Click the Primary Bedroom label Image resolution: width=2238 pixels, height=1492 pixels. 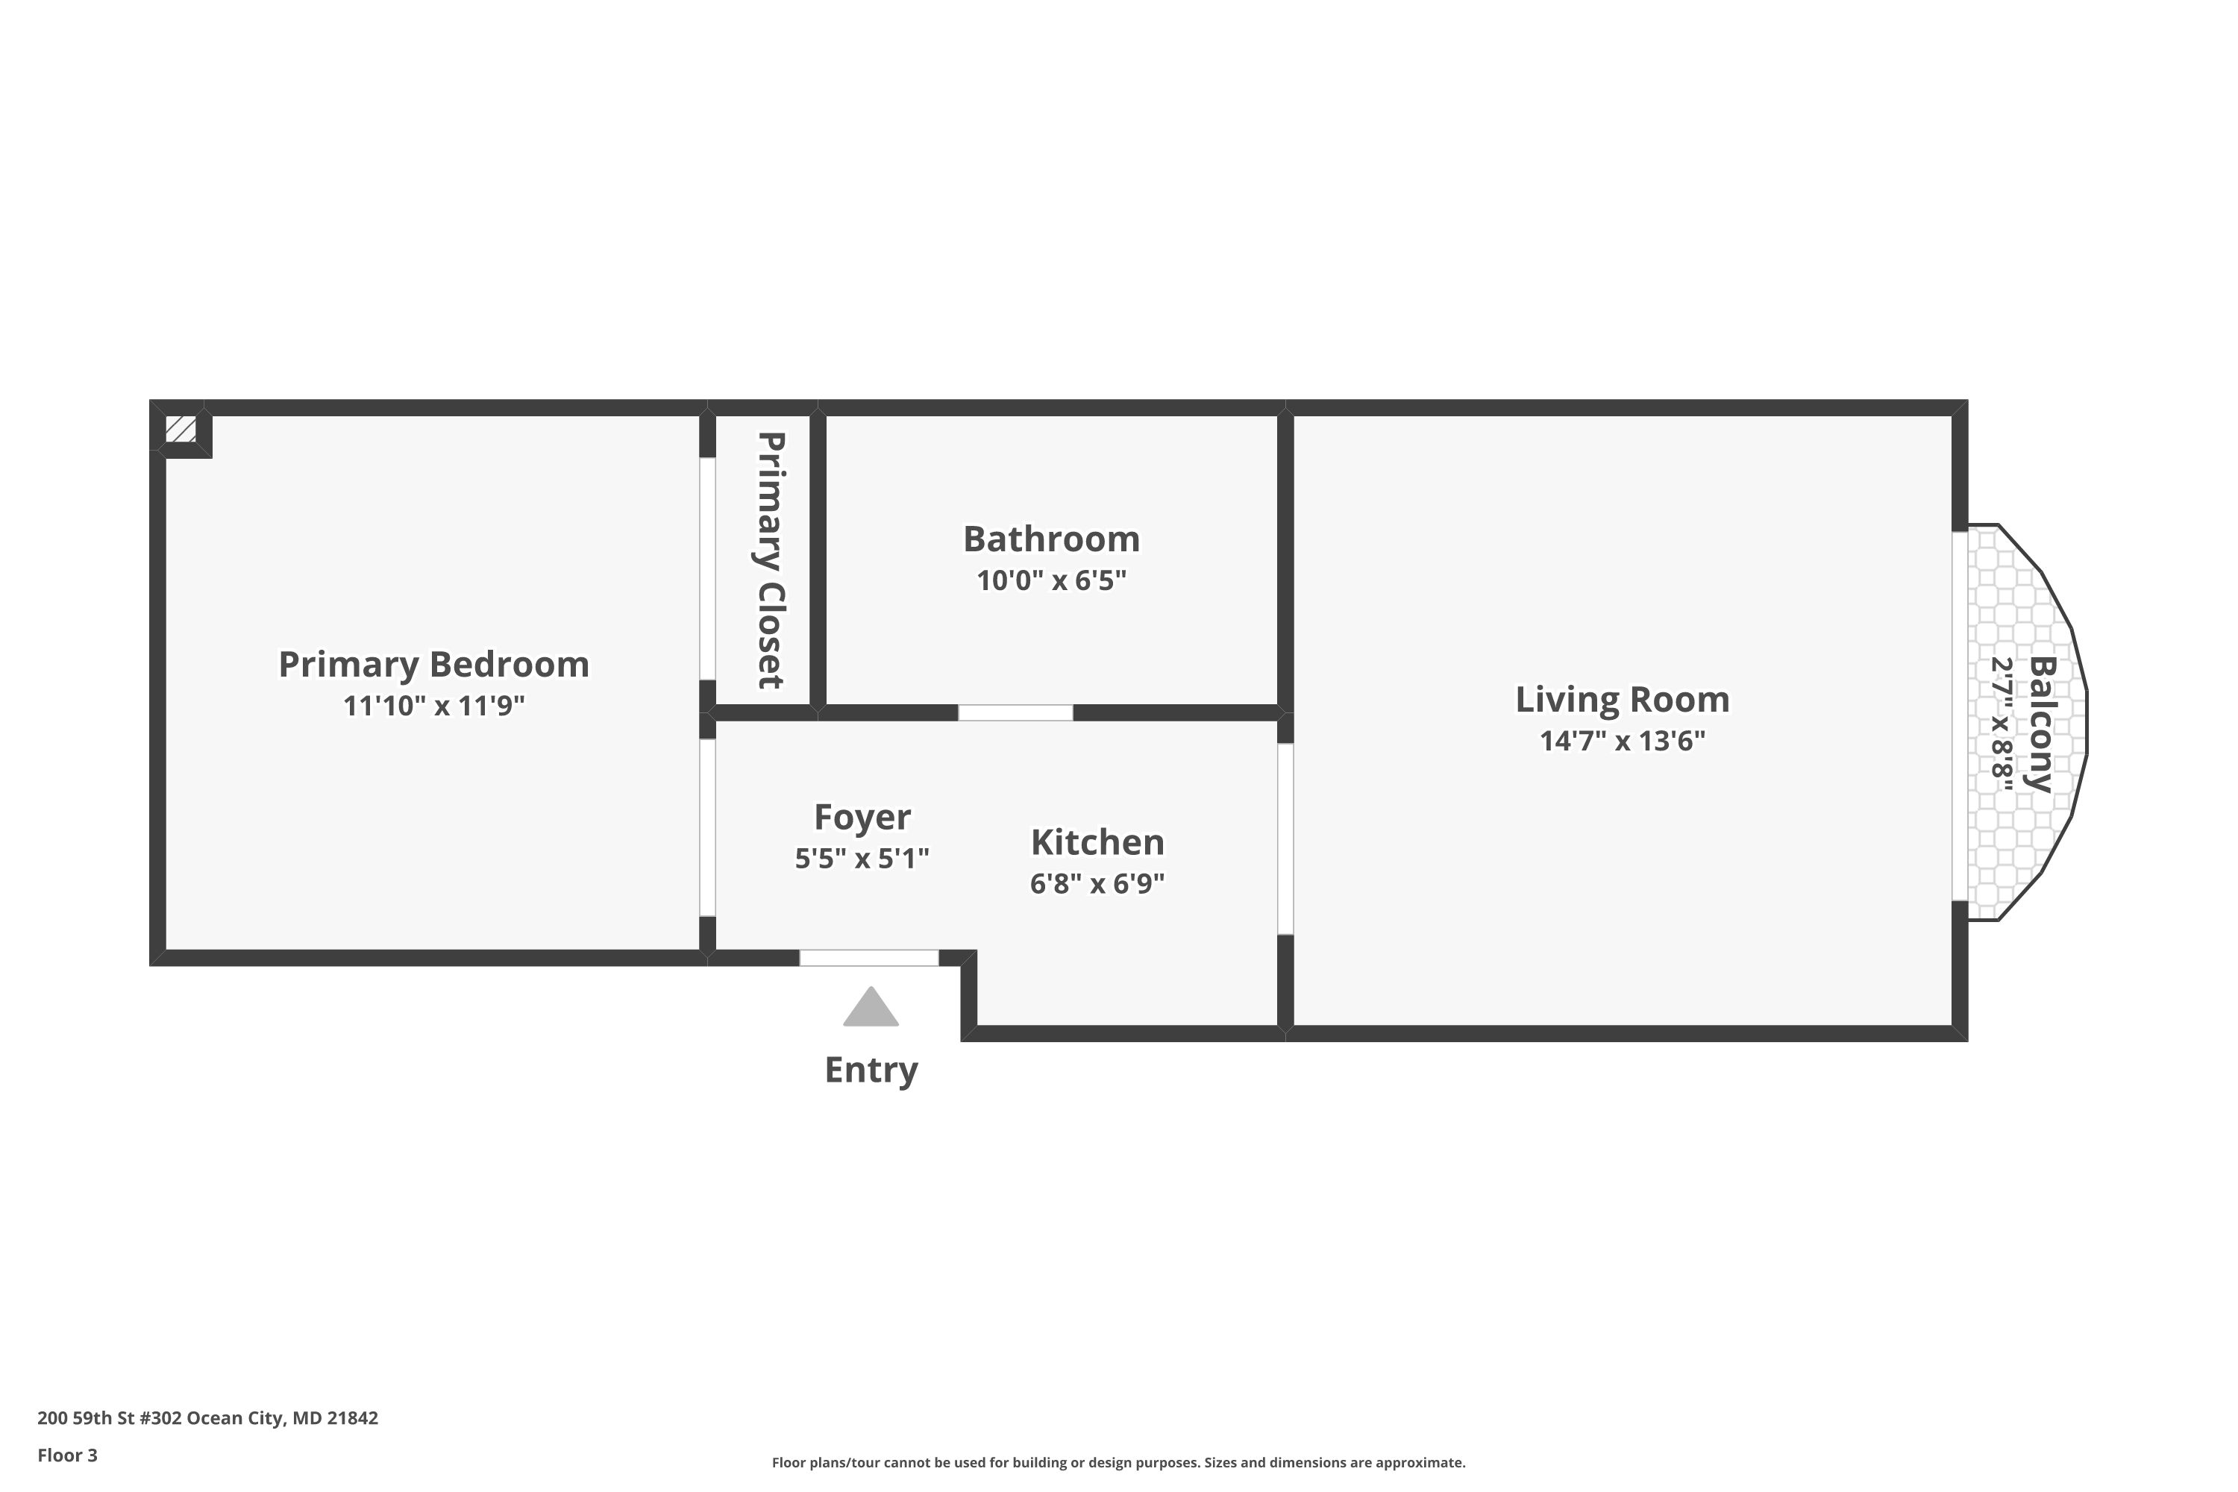pyautogui.click(x=434, y=664)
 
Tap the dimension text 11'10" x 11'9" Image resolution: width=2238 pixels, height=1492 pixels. pyautogui.click(x=434, y=706)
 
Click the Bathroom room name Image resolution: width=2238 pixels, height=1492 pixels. pyautogui.click(x=1051, y=539)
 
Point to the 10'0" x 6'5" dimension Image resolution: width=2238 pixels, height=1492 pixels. pyautogui.click(x=1051, y=580)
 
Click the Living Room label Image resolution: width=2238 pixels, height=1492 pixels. pyautogui.click(x=1623, y=700)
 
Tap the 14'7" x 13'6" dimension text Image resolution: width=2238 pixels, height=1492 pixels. pyautogui.click(x=1623, y=742)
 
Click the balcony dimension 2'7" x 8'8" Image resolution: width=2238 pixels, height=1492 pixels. pyautogui.click(x=2002, y=723)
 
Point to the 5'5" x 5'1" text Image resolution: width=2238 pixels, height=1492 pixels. pyautogui.click(x=862, y=859)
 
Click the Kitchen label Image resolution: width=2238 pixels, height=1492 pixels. pyautogui.click(x=1097, y=842)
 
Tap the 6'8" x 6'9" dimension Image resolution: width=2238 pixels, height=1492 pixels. pyautogui.click(x=1097, y=884)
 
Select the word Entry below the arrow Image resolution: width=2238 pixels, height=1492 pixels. pyautogui.click(x=871, y=1071)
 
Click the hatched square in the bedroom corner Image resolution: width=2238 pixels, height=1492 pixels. pyautogui.click(x=181, y=429)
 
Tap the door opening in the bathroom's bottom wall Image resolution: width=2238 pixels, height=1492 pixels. pyautogui.click(x=1015, y=712)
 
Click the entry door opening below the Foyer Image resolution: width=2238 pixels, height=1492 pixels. pyautogui.click(x=869, y=958)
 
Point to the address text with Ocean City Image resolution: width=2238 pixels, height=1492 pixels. pyautogui.click(x=207, y=1418)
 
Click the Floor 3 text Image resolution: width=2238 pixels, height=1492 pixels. pyautogui.click(x=68, y=1455)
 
